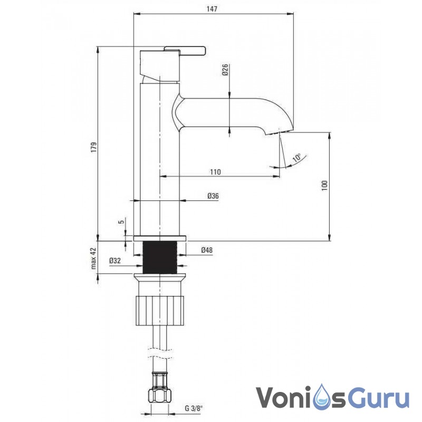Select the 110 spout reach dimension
pos(215,172)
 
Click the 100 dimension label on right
pos(324,186)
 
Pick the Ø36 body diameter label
pos(213,196)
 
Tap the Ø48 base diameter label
pos(206,251)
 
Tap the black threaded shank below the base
pos(159,257)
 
